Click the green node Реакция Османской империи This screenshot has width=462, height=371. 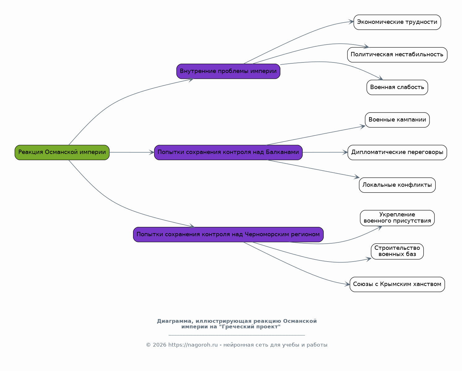pos(62,152)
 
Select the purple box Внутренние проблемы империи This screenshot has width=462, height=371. pos(228,71)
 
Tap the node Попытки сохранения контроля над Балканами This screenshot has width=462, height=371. pos(228,152)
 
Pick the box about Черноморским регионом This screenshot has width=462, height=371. pos(228,235)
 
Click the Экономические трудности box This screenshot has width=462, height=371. pos(397,22)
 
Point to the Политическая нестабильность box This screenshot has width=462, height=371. pos(397,55)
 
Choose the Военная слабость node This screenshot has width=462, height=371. pos(397,87)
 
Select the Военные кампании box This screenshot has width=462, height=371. pos(397,120)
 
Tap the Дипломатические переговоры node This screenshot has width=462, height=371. pos(397,152)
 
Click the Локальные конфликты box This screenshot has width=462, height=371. pos(397,185)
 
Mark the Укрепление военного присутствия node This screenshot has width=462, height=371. pos(397,218)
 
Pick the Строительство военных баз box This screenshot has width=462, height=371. pos(397,251)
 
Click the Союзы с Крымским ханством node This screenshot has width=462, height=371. pos(397,284)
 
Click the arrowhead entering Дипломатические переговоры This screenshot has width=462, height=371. pos(345,152)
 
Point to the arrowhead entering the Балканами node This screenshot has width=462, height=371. pos(152,152)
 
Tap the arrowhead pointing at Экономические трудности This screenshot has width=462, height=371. pos(351,22)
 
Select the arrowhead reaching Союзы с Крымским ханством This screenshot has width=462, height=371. pos(348,284)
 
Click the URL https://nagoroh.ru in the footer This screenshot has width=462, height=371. pos(193,345)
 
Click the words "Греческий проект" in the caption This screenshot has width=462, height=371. pos(250,326)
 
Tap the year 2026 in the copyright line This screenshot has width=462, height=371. pos(159,345)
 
